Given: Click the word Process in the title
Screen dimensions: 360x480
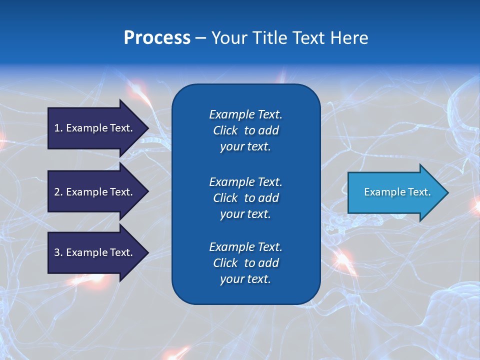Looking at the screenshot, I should tap(157, 38).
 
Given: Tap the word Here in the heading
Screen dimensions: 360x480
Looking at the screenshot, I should tap(349, 38).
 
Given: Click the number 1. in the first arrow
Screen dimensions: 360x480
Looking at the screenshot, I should tap(58, 128).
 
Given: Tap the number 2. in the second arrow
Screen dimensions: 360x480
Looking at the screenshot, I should tap(58, 192).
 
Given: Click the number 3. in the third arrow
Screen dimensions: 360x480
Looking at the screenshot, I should tap(58, 252).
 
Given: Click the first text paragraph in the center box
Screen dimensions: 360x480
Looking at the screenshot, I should tap(245, 130).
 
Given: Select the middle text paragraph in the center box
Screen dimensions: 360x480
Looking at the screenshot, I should tap(245, 198).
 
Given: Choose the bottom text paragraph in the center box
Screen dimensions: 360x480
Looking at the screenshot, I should tap(245, 263).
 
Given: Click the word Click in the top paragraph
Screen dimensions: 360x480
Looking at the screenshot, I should tap(225, 130).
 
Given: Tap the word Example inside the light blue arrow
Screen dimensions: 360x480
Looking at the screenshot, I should tap(381, 192).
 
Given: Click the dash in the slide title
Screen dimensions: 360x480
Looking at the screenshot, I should tap(200, 38).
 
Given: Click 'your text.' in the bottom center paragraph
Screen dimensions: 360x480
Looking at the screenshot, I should tap(245, 279).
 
